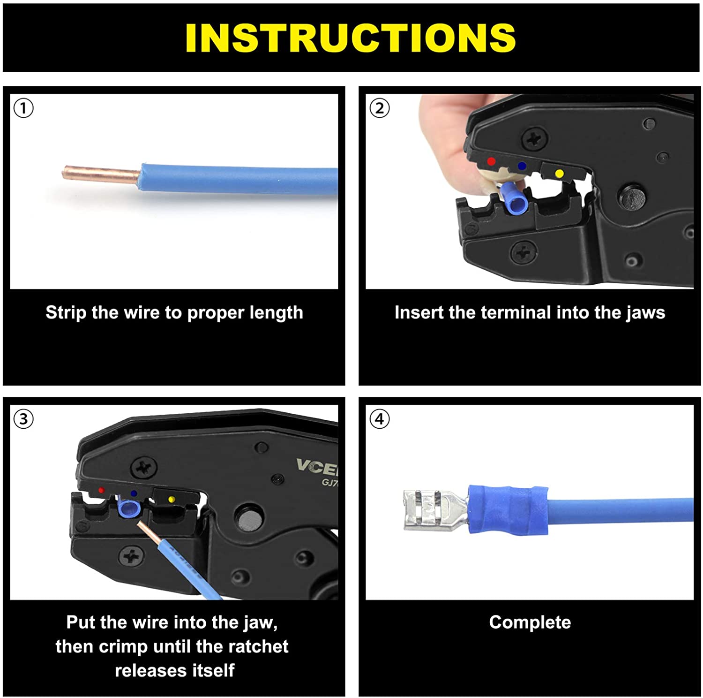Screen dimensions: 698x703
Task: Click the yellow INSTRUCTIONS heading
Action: [x=351, y=38]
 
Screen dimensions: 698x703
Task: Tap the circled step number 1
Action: [x=23, y=108]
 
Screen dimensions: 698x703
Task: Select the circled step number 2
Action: [x=379, y=108]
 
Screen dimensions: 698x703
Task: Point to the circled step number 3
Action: [x=23, y=418]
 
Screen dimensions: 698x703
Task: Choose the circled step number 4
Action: [x=379, y=418]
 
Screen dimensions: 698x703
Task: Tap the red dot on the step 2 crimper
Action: [x=491, y=161]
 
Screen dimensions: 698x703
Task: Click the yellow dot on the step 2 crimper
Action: [x=559, y=174]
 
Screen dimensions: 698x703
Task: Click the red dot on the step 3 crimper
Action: [x=101, y=490]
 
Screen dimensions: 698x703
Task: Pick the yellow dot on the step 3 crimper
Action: [x=172, y=499]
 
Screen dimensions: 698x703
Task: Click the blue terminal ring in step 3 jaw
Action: [x=129, y=508]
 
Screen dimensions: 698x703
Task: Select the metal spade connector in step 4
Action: [x=431, y=510]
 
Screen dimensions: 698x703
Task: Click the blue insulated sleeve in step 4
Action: [x=509, y=509]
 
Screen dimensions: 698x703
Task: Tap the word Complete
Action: [x=530, y=622]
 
